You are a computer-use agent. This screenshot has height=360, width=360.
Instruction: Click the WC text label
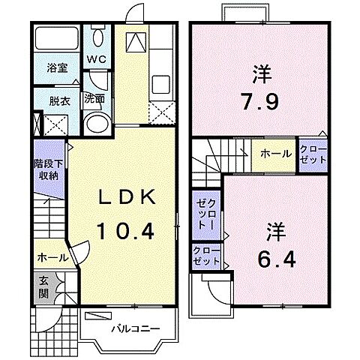[97, 59]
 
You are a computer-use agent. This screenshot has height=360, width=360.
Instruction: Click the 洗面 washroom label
[94, 97]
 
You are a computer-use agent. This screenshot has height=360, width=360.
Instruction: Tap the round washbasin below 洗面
[95, 124]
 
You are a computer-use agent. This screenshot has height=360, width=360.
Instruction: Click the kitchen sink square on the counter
[137, 43]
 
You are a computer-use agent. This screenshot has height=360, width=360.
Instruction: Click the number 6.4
[279, 260]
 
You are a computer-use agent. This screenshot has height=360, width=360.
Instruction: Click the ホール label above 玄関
[52, 257]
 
